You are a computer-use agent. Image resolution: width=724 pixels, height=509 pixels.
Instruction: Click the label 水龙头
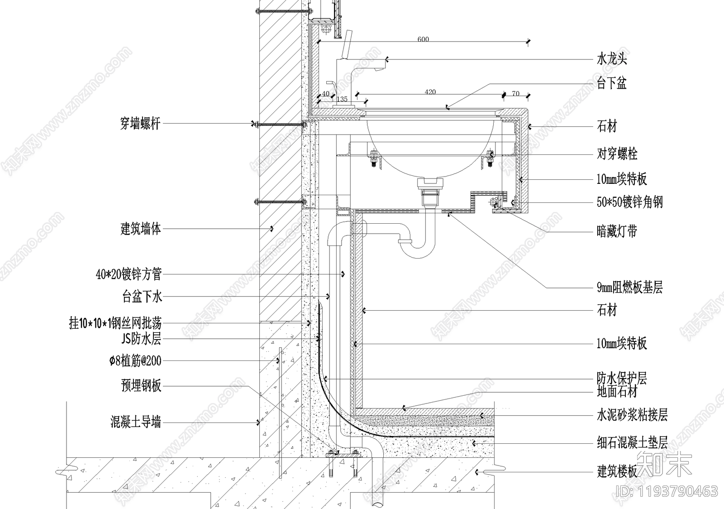click(x=612, y=59)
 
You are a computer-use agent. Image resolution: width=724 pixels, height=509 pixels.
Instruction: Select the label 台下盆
click(x=612, y=83)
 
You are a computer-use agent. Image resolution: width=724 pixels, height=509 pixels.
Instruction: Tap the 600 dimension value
click(x=423, y=39)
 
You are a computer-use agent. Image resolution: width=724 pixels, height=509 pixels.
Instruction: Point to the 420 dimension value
click(x=430, y=92)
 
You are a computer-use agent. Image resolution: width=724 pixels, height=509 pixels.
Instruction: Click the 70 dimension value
click(x=515, y=94)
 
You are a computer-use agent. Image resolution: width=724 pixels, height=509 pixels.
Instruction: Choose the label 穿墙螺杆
click(x=140, y=123)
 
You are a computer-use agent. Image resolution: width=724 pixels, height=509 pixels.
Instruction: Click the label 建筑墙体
click(x=141, y=229)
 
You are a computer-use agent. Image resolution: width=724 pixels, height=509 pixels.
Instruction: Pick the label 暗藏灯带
click(x=617, y=232)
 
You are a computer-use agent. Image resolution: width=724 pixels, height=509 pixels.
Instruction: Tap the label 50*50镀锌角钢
click(x=629, y=202)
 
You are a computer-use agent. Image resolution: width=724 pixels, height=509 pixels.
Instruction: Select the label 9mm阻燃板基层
click(x=629, y=287)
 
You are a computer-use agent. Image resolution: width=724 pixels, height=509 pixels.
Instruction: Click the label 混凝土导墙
click(x=136, y=423)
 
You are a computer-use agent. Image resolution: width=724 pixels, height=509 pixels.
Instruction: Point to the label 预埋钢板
click(x=141, y=386)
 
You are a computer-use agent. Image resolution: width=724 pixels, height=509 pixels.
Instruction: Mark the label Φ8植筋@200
click(x=135, y=361)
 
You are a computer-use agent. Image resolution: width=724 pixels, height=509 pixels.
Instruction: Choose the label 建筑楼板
click(x=617, y=472)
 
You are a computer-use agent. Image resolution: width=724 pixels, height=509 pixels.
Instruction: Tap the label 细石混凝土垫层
click(x=632, y=442)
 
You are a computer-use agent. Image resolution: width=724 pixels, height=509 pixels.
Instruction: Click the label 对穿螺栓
click(x=617, y=154)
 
